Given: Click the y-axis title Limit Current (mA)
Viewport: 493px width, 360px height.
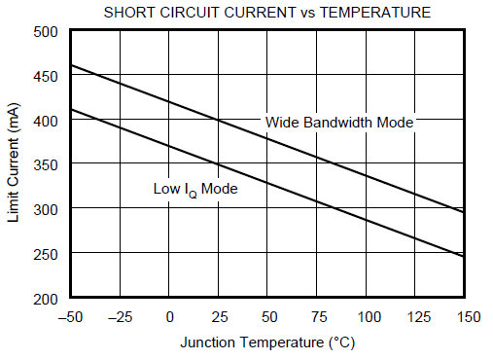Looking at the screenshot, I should point(14,164).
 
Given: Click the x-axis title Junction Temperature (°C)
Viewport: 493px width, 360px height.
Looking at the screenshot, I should point(267,343).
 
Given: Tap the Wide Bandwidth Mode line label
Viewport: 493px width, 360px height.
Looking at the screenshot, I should point(339,123).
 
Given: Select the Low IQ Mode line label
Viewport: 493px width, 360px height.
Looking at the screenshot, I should point(195,189).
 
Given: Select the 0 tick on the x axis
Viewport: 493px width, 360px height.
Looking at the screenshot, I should point(170,317).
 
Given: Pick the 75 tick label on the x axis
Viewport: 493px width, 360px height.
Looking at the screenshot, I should point(317,317).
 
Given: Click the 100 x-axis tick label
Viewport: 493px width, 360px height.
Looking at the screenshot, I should point(367,317).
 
